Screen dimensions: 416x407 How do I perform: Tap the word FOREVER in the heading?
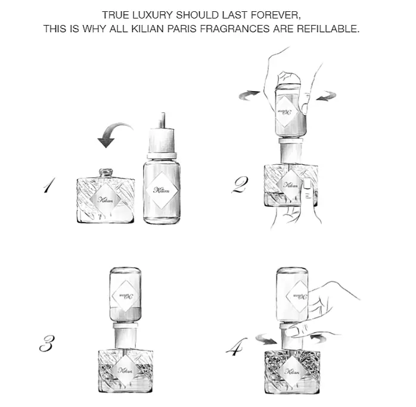276,15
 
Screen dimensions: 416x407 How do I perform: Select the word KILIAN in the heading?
147,29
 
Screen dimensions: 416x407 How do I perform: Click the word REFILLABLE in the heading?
328,29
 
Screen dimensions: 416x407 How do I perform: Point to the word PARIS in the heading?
182,29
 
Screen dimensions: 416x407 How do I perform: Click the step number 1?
49,185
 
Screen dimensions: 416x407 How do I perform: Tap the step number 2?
240,184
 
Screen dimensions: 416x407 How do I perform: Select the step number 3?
47,343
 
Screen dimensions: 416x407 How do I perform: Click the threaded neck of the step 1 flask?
106,173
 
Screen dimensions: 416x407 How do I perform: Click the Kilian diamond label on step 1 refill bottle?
162,190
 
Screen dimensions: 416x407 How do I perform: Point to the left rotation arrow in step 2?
249,95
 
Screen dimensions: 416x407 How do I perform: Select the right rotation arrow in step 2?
327,96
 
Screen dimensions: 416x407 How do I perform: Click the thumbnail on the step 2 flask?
307,184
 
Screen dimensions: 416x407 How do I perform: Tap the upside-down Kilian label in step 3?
125,296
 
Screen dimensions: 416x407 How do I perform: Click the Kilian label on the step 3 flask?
125,370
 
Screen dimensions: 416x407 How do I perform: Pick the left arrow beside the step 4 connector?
266,340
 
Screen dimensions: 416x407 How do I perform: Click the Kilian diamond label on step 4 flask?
292,371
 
